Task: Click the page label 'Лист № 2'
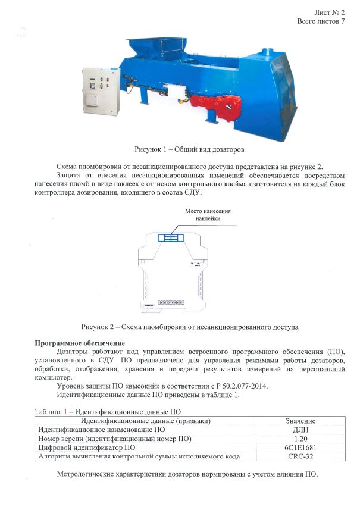tap(329, 12)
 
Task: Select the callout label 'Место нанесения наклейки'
tap(208, 215)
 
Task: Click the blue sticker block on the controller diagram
tap(171, 238)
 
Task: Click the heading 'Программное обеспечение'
tap(80, 343)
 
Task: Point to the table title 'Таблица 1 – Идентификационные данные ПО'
tap(108, 411)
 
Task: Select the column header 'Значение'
tap(300, 421)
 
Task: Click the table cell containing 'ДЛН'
tap(300, 430)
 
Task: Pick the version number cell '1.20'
tap(300, 439)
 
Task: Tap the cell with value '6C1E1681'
tap(300, 447)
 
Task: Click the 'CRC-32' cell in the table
tap(300, 456)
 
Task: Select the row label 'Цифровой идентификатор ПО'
tap(86, 447)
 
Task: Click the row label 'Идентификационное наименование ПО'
tap(101, 430)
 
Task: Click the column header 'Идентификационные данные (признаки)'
tap(145, 421)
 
